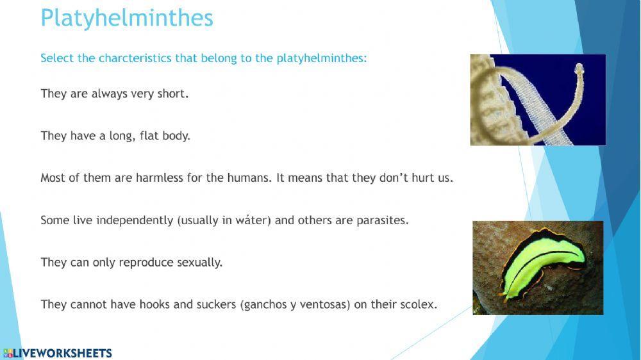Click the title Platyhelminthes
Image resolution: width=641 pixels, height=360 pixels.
pos(126,18)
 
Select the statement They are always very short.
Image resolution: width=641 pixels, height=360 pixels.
pos(115,94)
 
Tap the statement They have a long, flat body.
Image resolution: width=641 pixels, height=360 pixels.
pos(115,136)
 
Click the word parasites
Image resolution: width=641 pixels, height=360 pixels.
pos(381,220)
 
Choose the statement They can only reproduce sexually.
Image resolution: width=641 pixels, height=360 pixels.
pos(131,263)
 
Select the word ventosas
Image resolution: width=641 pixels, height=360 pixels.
pos(324,304)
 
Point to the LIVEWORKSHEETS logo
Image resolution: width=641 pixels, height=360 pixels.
pos(57,353)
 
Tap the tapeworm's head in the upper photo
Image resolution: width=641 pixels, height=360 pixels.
pos(579,67)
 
